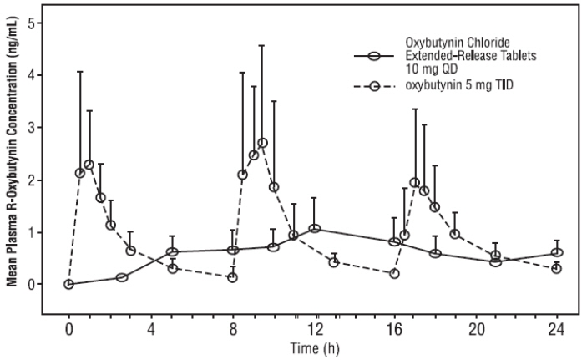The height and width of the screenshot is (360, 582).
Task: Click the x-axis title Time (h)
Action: [313, 347]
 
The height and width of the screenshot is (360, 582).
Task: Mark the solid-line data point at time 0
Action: [68, 284]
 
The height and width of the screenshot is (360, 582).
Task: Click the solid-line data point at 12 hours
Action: [315, 229]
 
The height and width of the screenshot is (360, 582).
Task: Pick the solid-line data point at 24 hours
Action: [557, 252]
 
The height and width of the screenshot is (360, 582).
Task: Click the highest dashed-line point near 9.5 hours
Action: [262, 143]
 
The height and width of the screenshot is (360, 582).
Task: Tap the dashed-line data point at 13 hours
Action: [334, 262]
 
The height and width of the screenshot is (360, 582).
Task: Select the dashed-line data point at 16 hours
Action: [394, 273]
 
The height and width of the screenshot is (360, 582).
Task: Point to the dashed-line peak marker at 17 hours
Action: [415, 182]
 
